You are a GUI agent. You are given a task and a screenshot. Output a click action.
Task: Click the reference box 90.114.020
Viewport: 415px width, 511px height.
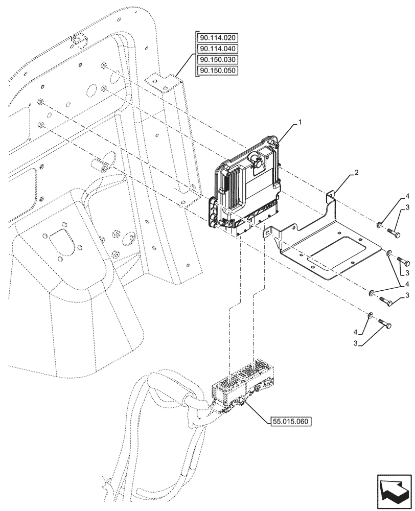[x=218, y=38]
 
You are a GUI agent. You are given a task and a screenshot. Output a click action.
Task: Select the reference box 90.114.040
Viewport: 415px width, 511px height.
[x=218, y=49]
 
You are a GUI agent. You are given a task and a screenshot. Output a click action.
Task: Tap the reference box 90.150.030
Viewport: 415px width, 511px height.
[x=218, y=60]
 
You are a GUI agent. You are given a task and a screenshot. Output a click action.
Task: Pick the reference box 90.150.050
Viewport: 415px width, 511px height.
[x=218, y=71]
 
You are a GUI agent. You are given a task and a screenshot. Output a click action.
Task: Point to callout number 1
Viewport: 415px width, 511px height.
[x=301, y=122]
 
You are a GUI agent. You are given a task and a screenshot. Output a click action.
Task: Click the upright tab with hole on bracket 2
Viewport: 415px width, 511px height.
[x=330, y=195]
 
